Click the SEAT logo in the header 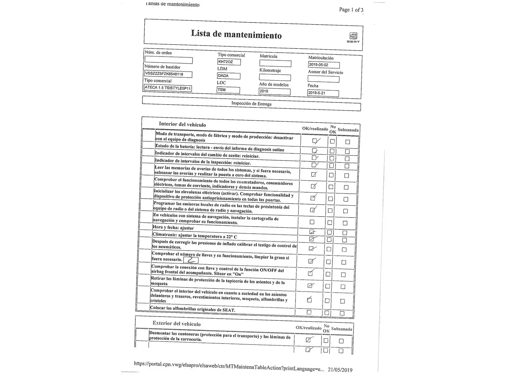click(353, 37)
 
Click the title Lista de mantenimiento click(236, 34)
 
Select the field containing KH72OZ click(229, 62)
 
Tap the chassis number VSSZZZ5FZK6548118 click(168, 74)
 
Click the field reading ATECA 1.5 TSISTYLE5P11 click(168, 88)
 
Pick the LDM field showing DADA click(228, 76)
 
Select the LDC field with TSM click(228, 90)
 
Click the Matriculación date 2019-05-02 click(324, 65)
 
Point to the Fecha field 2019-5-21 click(323, 93)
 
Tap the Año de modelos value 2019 click(274, 91)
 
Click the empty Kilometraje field click(275, 78)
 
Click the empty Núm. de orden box click(168, 60)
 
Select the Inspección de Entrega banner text click(251, 104)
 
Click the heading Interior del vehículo click(182, 124)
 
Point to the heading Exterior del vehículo click(176, 324)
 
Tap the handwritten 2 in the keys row click(191, 260)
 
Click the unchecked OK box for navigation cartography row click(312, 222)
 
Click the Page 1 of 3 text click(351, 10)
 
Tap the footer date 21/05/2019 click(340, 370)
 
